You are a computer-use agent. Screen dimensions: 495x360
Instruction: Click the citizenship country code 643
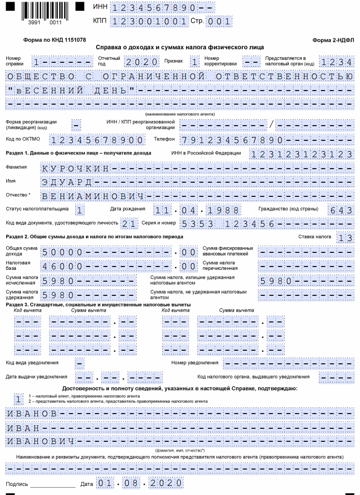(340, 210)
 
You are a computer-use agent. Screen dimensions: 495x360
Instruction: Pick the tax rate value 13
(345, 238)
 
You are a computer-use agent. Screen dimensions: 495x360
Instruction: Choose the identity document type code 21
(129, 224)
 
